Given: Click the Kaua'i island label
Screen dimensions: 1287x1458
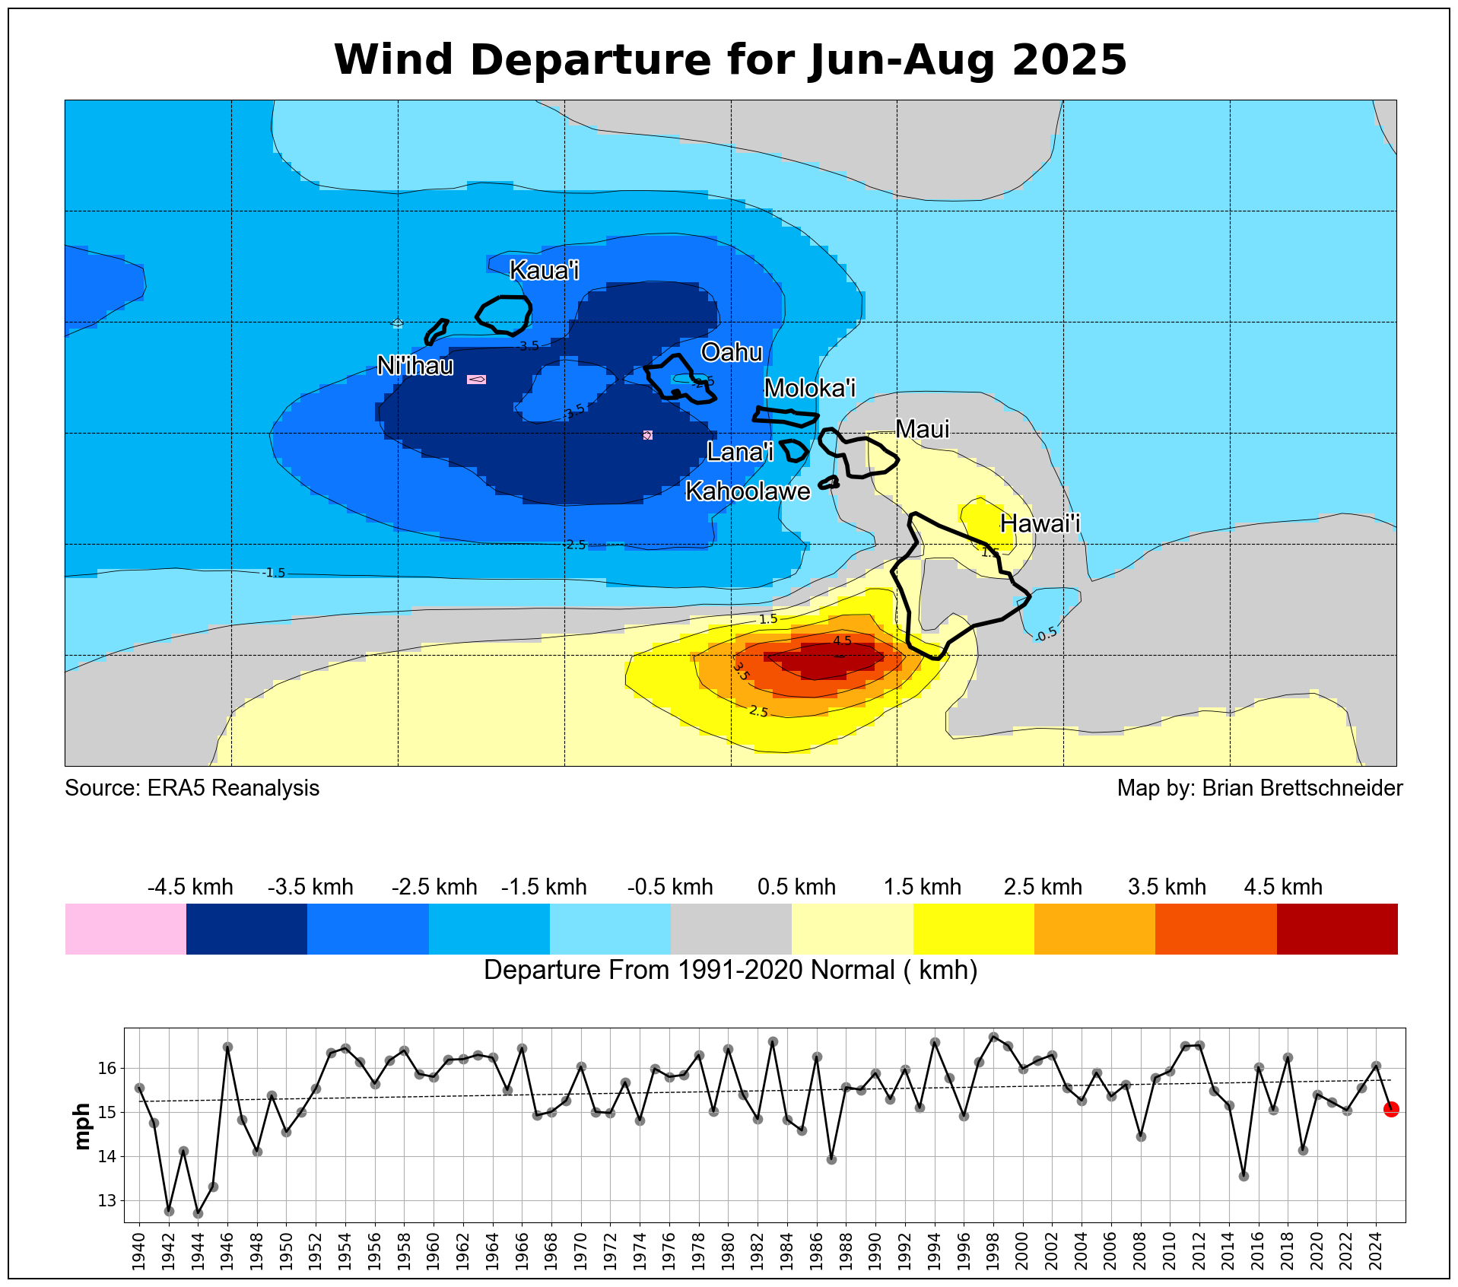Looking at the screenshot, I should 544,270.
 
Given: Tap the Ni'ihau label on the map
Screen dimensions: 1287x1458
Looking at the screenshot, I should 415,366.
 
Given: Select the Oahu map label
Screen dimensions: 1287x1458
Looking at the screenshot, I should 731,352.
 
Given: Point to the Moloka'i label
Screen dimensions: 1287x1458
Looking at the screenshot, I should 809,388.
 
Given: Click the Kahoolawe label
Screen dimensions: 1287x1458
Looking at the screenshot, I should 748,491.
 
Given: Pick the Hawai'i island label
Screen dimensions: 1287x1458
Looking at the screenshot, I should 1040,523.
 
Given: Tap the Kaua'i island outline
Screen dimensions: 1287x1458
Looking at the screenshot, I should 503,314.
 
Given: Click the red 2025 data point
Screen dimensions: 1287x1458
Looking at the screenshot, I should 1391,1110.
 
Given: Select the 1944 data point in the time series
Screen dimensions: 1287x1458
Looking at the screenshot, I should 198,1213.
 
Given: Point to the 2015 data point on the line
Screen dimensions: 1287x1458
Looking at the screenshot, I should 1244,1176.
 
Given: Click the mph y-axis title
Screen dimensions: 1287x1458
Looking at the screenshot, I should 82,1127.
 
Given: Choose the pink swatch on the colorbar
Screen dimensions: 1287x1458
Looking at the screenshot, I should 125,929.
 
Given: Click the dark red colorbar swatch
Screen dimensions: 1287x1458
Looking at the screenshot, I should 1336,929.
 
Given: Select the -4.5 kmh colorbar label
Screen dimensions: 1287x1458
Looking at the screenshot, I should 190,887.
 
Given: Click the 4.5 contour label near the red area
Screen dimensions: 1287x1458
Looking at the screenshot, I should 842,640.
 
